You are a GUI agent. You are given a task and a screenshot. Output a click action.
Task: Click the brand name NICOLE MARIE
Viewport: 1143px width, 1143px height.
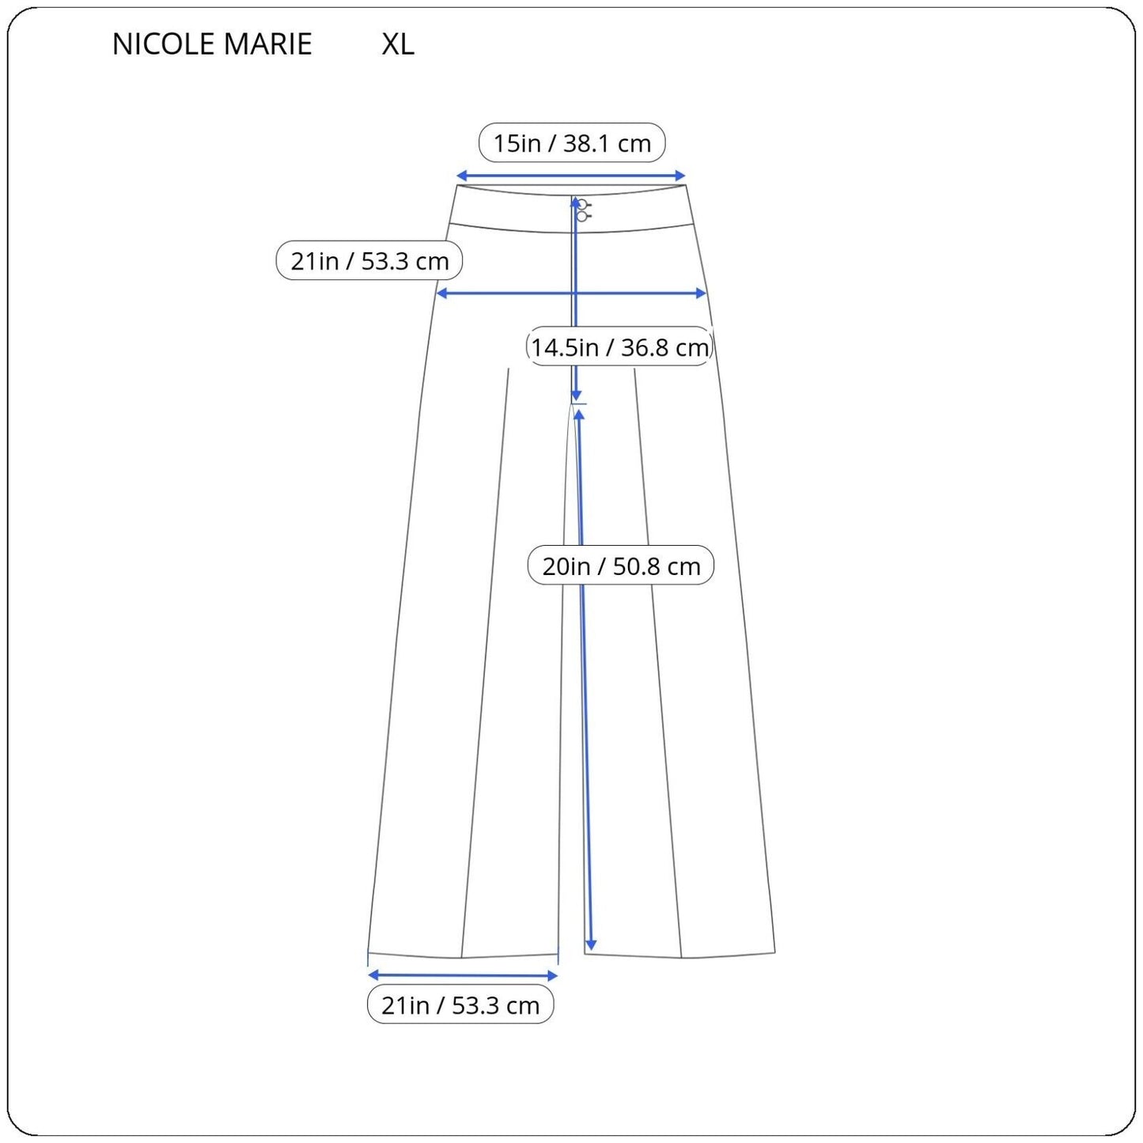click(x=212, y=44)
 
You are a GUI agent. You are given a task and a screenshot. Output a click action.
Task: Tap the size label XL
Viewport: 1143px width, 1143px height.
click(x=398, y=44)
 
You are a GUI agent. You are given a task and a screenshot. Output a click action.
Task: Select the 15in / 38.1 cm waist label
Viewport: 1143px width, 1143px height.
click(x=572, y=143)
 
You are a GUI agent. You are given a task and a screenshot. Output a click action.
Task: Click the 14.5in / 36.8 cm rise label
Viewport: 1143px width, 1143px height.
click(x=619, y=347)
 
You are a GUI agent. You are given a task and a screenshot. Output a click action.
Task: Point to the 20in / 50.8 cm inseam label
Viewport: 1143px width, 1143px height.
click(x=621, y=566)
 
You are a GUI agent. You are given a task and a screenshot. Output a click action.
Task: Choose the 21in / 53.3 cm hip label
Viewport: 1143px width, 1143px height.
click(x=369, y=261)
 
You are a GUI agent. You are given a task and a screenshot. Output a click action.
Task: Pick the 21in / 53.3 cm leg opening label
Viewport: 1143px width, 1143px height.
click(x=460, y=1005)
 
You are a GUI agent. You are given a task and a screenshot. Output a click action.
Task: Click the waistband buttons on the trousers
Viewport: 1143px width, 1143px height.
click(x=583, y=210)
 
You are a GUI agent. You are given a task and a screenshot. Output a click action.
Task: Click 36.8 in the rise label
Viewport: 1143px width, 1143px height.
click(x=642, y=347)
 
